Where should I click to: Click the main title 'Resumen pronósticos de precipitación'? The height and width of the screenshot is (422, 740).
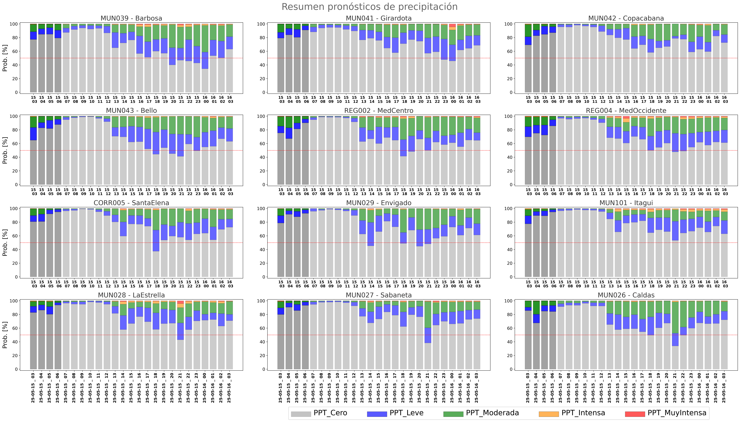370,7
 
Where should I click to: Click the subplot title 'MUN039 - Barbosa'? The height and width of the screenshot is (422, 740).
131,18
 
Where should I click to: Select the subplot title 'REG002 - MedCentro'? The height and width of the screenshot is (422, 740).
379,110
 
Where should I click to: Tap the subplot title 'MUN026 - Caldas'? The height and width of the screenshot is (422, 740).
626,295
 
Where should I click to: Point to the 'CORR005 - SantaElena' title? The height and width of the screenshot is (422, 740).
131,203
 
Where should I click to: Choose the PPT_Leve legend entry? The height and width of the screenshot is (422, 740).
395,413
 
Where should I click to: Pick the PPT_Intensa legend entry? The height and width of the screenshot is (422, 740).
572,413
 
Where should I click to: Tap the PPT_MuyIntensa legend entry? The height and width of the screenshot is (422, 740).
665,413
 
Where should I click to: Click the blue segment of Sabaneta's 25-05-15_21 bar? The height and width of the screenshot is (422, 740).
428,335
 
